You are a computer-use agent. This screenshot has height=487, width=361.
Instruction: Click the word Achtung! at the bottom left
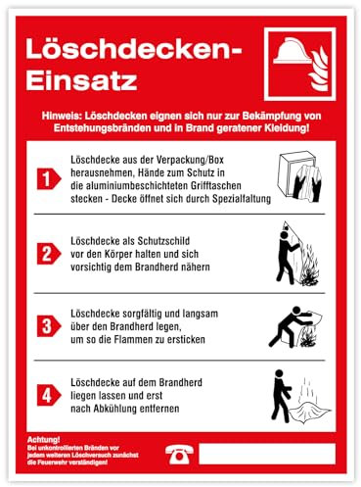(x=45, y=439)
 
